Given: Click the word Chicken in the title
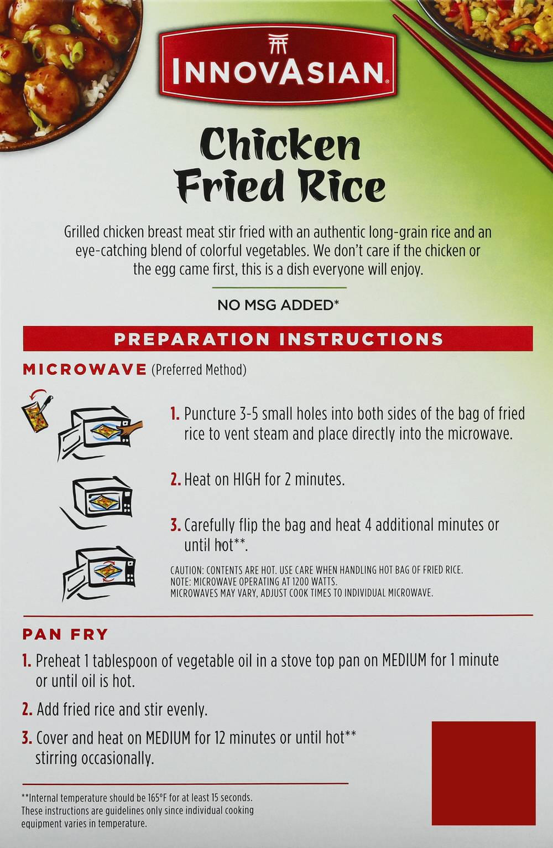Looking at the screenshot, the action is pos(280,145).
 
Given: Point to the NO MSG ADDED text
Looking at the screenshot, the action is pos(278,305).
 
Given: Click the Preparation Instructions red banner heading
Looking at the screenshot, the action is pos(278,339).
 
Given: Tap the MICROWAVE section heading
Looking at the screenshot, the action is pos(85,370).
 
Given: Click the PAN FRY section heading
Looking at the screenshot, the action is pos(65,634).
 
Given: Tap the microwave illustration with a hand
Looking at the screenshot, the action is pos(100,433).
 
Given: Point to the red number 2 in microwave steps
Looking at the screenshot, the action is pos(175,480).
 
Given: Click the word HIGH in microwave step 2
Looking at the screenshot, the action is pos(246,480).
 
